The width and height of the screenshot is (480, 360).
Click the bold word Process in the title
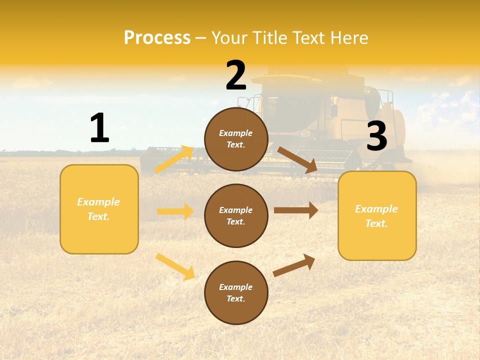[157, 38]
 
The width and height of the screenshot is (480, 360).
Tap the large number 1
[99, 128]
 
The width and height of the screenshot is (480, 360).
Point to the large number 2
[236, 75]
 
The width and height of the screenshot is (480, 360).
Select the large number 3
[376, 136]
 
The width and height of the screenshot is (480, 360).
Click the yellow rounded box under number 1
[99, 209]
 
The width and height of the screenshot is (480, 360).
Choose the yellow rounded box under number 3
[377, 215]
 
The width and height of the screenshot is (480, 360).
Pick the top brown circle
[236, 139]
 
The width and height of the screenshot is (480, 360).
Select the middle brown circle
[236, 216]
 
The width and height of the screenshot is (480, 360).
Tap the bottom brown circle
[236, 293]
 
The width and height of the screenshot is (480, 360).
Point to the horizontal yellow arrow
[175, 211]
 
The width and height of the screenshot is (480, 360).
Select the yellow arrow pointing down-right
[175, 266]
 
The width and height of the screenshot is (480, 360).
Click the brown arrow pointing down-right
[297, 160]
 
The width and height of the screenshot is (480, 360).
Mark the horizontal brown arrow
[296, 210]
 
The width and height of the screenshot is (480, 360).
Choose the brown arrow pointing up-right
[294, 265]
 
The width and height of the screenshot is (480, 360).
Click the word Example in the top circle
[236, 133]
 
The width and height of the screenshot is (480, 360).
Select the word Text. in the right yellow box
[376, 223]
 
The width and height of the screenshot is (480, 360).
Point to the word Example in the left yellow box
[98, 202]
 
